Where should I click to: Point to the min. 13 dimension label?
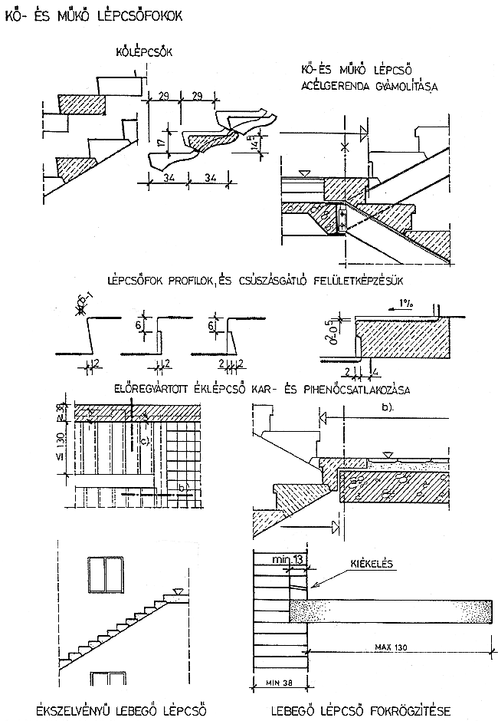[288, 562]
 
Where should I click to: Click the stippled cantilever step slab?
[391, 611]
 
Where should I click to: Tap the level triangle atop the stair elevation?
[179, 591]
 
